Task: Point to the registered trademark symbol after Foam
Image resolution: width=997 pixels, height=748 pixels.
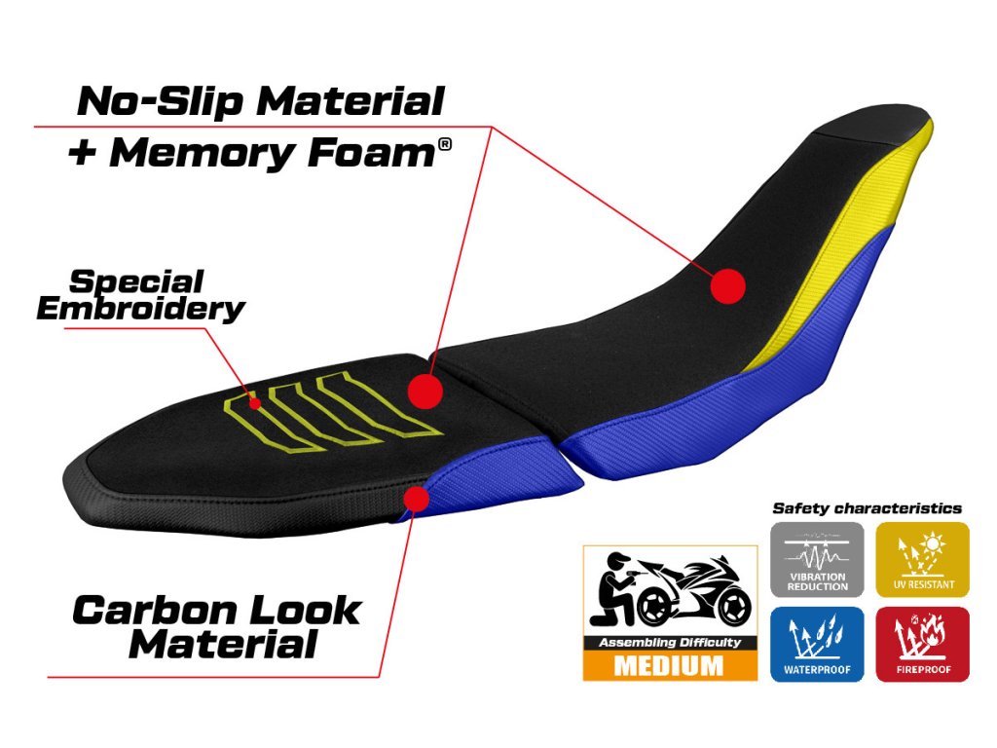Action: (445, 144)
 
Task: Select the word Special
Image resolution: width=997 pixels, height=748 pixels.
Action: (136, 281)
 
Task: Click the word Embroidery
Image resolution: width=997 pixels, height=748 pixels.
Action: (140, 309)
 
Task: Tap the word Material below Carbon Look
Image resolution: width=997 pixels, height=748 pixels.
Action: (223, 645)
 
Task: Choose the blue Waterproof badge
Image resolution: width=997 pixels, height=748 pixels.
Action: (817, 644)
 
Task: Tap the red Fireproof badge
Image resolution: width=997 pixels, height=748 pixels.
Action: (923, 644)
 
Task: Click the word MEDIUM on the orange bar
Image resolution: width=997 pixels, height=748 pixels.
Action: (669, 666)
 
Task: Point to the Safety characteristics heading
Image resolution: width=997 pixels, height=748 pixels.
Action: (867, 508)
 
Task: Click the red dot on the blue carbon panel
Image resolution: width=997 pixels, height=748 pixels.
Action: (417, 499)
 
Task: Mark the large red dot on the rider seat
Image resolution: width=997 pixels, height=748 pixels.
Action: (727, 286)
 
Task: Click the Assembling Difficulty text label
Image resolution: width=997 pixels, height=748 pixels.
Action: (669, 643)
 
